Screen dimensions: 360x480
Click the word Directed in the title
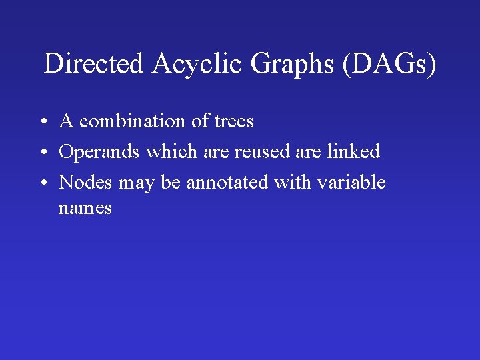point(93,64)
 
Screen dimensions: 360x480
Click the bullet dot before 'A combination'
point(42,123)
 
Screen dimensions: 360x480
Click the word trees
point(234,121)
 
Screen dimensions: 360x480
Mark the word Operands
point(100,152)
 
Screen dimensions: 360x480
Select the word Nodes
point(86,183)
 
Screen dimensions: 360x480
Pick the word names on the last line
point(85,209)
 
